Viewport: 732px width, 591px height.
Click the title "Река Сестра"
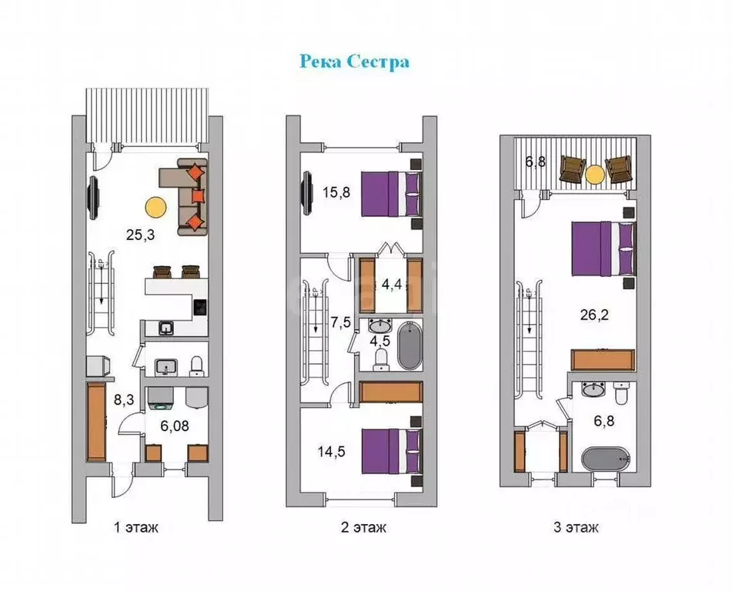(354, 62)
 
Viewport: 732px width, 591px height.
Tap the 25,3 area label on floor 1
(140, 235)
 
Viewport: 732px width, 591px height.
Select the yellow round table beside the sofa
(155, 207)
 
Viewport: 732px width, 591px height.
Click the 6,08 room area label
(175, 426)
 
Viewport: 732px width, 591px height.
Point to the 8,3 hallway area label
(124, 399)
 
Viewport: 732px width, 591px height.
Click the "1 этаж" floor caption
(136, 527)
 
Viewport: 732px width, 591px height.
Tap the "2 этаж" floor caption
(363, 527)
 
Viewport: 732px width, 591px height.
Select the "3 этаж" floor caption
(576, 527)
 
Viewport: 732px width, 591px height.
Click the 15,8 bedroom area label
(336, 192)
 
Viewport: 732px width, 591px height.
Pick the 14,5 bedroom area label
(332, 452)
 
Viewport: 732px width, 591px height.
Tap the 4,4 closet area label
(392, 284)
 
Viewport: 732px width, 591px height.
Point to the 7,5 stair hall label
(341, 323)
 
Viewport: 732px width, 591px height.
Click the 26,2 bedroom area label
(594, 315)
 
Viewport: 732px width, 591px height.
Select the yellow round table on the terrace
(595, 175)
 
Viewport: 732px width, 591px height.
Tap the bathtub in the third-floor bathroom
(606, 460)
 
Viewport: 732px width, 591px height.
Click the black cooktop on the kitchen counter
(201, 308)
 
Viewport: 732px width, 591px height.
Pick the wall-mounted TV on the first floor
(93, 197)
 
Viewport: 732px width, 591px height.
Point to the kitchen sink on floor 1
(166, 329)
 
